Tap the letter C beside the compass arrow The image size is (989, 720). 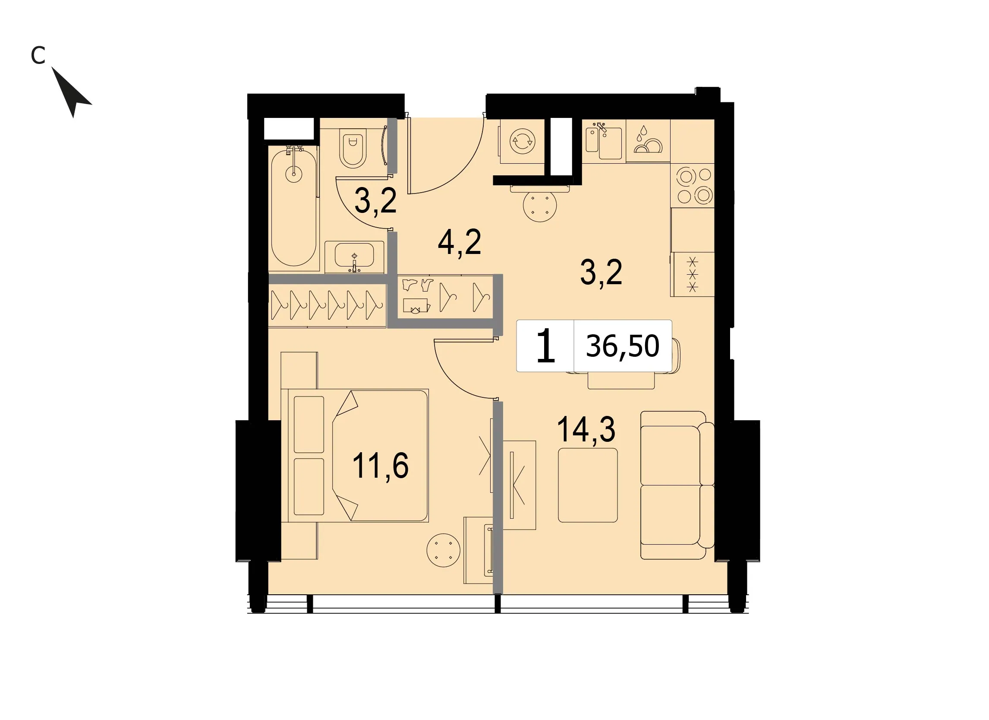(38, 55)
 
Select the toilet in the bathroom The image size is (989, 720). (353, 149)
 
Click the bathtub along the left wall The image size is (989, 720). (293, 207)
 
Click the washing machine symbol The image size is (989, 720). (523, 141)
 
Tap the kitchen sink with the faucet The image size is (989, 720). (604, 141)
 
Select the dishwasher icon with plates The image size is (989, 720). (648, 141)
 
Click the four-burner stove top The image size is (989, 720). (693, 185)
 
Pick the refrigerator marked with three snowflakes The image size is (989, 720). (693, 274)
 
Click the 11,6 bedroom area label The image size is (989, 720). (380, 466)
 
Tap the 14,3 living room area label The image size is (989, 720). (586, 429)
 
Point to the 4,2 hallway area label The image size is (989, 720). (459, 242)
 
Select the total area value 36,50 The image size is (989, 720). (622, 346)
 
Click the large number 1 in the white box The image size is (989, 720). (545, 346)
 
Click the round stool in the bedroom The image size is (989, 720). (444, 550)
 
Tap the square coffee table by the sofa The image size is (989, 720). (588, 485)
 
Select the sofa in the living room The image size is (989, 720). (677, 485)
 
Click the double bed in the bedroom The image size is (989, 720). (358, 456)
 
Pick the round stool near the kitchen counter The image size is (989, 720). (540, 205)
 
